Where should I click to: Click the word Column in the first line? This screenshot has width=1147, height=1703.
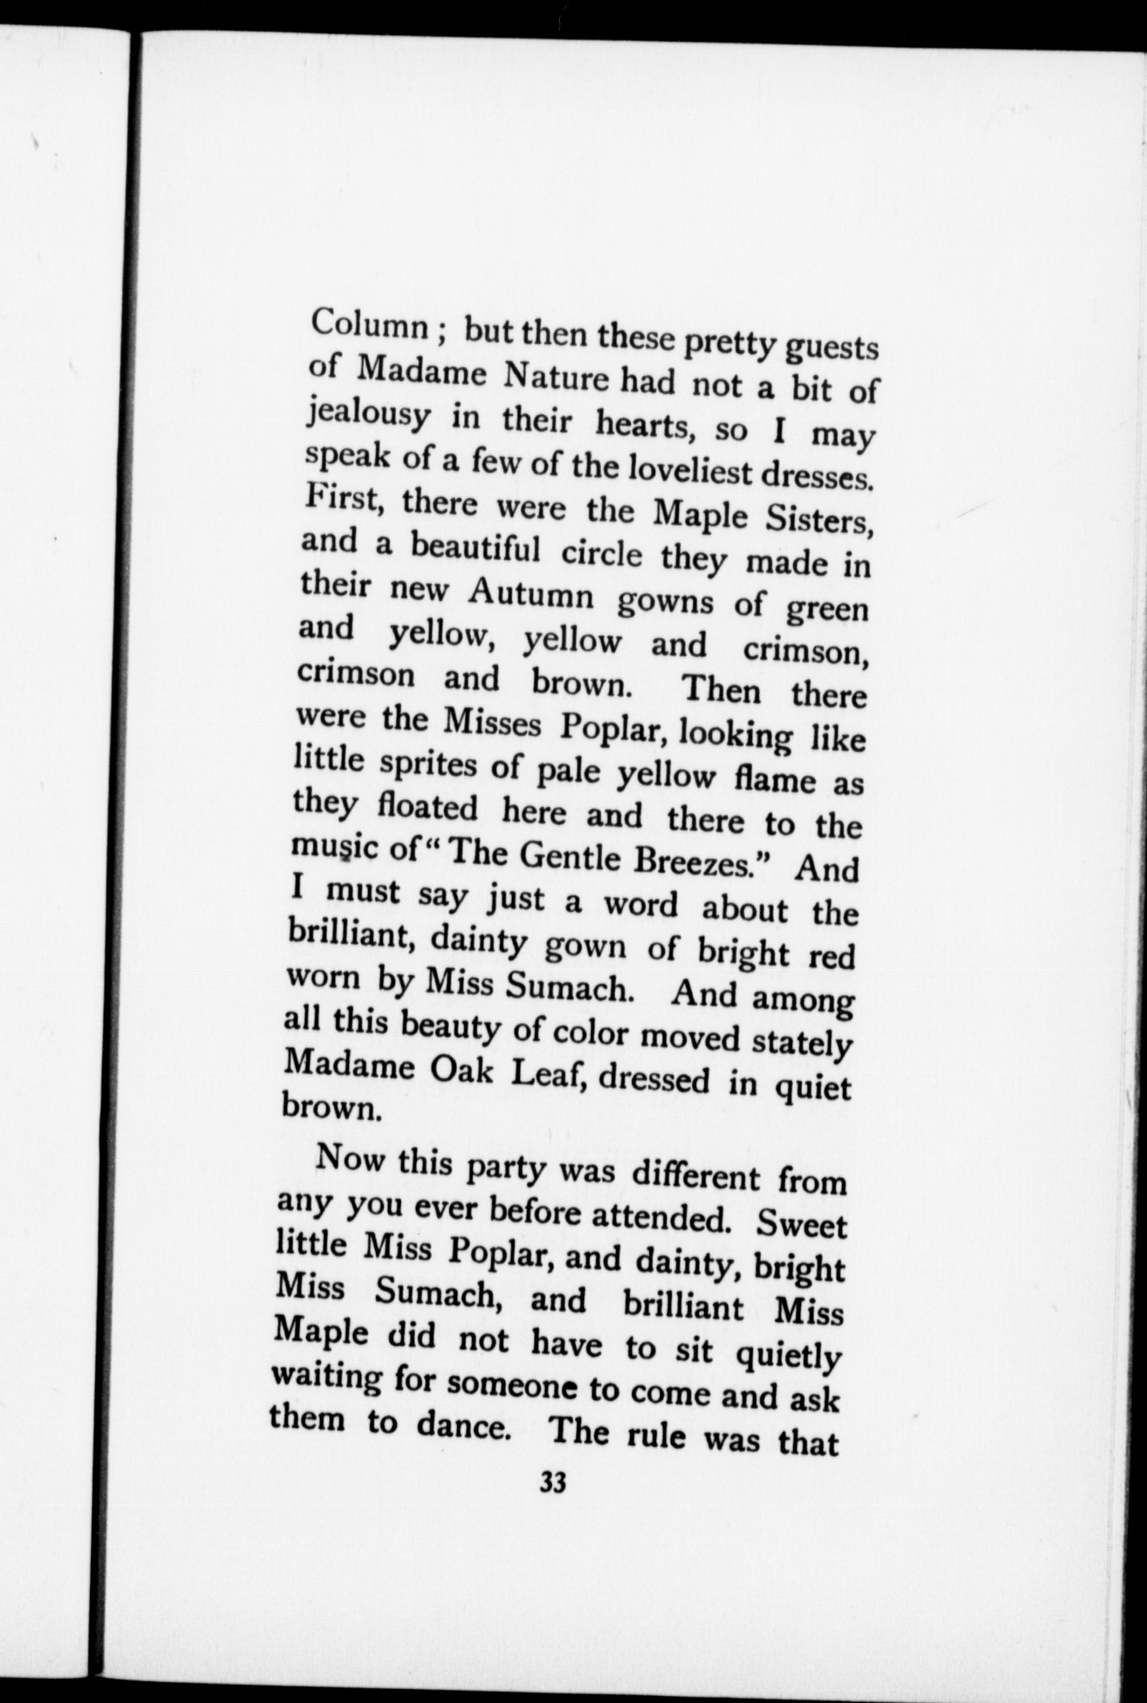point(370,324)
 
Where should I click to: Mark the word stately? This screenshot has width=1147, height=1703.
point(802,1044)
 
